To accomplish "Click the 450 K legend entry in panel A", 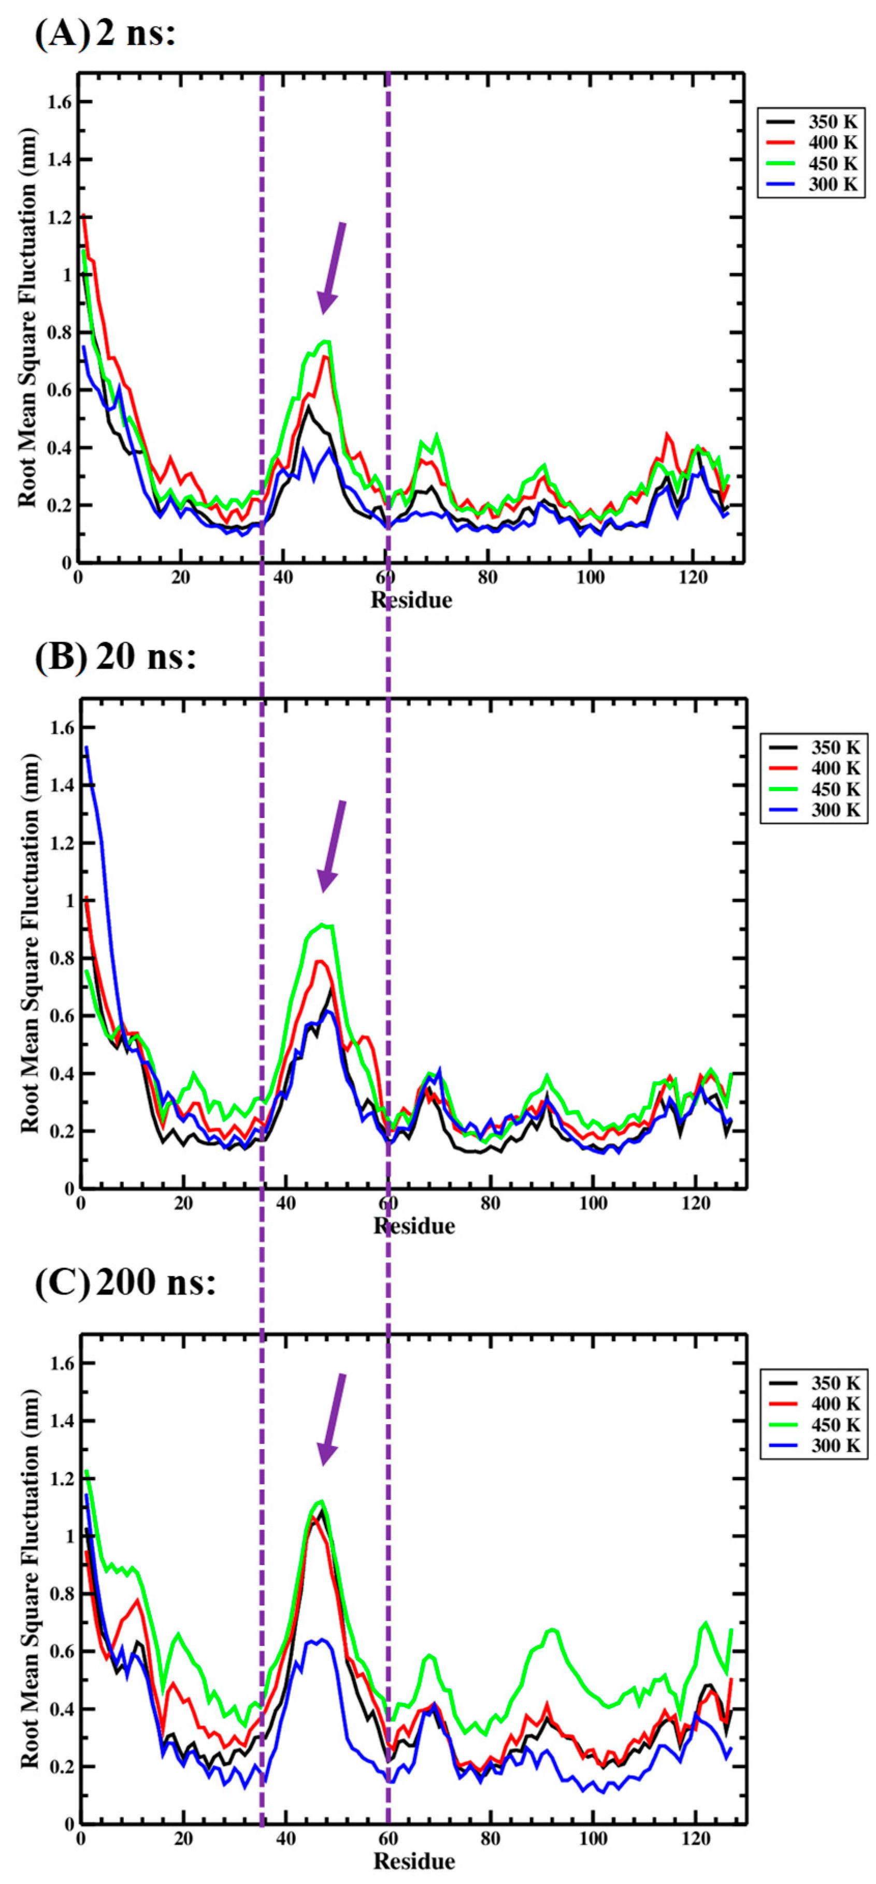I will click(x=811, y=163).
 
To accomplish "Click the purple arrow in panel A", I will click(x=331, y=268).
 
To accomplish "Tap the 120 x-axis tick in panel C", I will click(x=695, y=1838).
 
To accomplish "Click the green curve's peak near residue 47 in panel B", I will click(x=322, y=925).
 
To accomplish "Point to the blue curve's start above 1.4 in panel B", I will click(x=87, y=748).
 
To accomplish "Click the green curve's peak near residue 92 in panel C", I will click(x=553, y=1629).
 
